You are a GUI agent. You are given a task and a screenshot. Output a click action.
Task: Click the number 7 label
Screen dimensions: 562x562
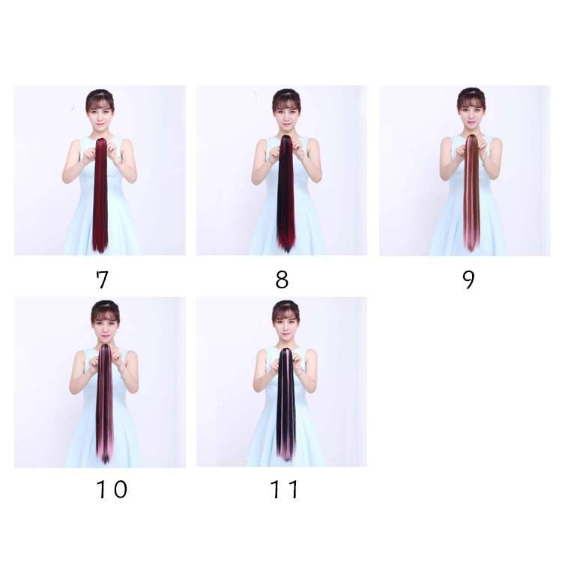tap(102, 280)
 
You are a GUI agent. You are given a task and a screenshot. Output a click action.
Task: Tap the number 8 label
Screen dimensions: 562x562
tap(282, 280)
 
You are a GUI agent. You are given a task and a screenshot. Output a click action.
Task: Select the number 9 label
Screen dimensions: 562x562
tap(468, 280)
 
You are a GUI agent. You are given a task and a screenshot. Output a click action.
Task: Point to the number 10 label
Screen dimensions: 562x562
tap(112, 489)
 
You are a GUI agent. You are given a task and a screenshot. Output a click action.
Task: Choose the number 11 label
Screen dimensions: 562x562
tap(284, 489)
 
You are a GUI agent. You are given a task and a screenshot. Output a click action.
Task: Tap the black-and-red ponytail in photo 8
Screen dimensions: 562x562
tap(285, 193)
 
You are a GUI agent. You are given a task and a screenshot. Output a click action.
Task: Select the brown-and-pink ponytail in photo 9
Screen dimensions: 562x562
tap(472, 193)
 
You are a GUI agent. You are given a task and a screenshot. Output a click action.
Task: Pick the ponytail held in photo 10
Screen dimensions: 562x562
tap(105, 404)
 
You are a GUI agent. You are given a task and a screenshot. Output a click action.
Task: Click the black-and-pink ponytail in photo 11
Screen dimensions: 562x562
tap(286, 404)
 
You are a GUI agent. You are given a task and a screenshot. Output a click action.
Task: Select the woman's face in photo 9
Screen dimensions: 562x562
tap(471, 114)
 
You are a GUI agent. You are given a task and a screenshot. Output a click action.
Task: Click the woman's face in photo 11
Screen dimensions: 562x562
tap(285, 325)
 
